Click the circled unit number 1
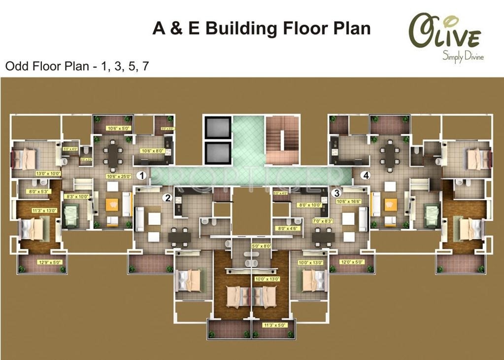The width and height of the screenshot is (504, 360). (x=141, y=175)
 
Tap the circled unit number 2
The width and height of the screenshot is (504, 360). (x=168, y=198)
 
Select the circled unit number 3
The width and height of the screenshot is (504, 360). (x=336, y=193)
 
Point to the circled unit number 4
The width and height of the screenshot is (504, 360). (x=365, y=175)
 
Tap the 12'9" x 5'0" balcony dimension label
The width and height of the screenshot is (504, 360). (x=50, y=262)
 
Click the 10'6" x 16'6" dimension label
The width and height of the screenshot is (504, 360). (x=349, y=201)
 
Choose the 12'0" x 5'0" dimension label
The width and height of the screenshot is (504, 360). (x=352, y=262)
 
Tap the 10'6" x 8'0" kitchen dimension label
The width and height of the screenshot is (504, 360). (x=152, y=151)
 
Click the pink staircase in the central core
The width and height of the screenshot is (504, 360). (x=282, y=140)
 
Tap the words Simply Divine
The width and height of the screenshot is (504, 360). (x=463, y=57)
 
